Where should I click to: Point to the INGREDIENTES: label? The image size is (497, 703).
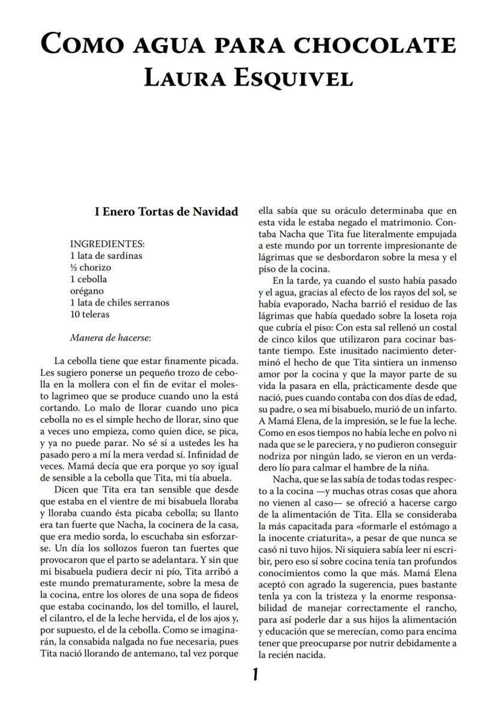coord(107,244)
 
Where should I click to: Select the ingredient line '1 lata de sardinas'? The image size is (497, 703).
coord(106,256)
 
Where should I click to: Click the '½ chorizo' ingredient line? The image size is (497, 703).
coord(91,267)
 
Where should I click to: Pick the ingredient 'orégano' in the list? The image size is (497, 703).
coord(87,291)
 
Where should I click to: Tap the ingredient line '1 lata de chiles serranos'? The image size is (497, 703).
coord(119,303)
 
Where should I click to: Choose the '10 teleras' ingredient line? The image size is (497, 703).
coord(90,315)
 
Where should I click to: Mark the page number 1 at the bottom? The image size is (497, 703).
coord(255,675)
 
